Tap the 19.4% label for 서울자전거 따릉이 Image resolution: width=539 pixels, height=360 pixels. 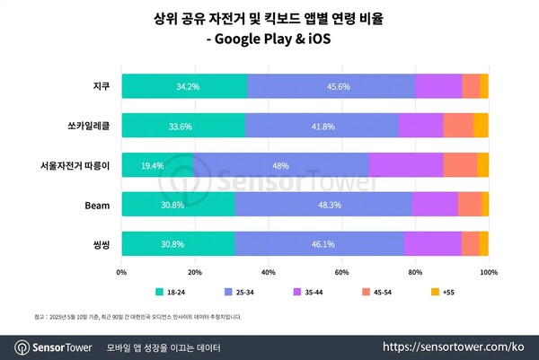tap(151, 165)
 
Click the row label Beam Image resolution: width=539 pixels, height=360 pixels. tap(97, 205)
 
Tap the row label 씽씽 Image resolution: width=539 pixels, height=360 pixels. tap(101, 243)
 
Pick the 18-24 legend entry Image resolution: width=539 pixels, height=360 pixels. tap(169, 293)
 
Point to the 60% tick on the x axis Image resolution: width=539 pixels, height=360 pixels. tap(341, 270)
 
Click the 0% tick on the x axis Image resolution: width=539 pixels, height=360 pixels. tap(121, 270)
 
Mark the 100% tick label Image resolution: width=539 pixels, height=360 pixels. tap(488, 270)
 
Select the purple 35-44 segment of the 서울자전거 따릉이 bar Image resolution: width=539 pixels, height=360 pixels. tap(405, 165)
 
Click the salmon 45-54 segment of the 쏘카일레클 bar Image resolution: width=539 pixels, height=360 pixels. tap(458, 126)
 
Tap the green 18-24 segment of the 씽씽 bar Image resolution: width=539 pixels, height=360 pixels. tap(178, 243)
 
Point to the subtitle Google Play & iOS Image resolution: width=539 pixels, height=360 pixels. tap(269, 39)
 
